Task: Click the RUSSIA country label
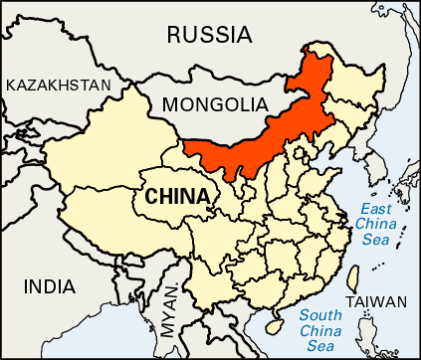click(209, 35)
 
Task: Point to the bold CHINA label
click(177, 196)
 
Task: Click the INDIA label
click(49, 286)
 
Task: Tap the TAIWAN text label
click(375, 302)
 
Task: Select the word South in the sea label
click(321, 315)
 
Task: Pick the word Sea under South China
click(321, 345)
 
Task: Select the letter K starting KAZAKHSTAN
click(11, 86)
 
